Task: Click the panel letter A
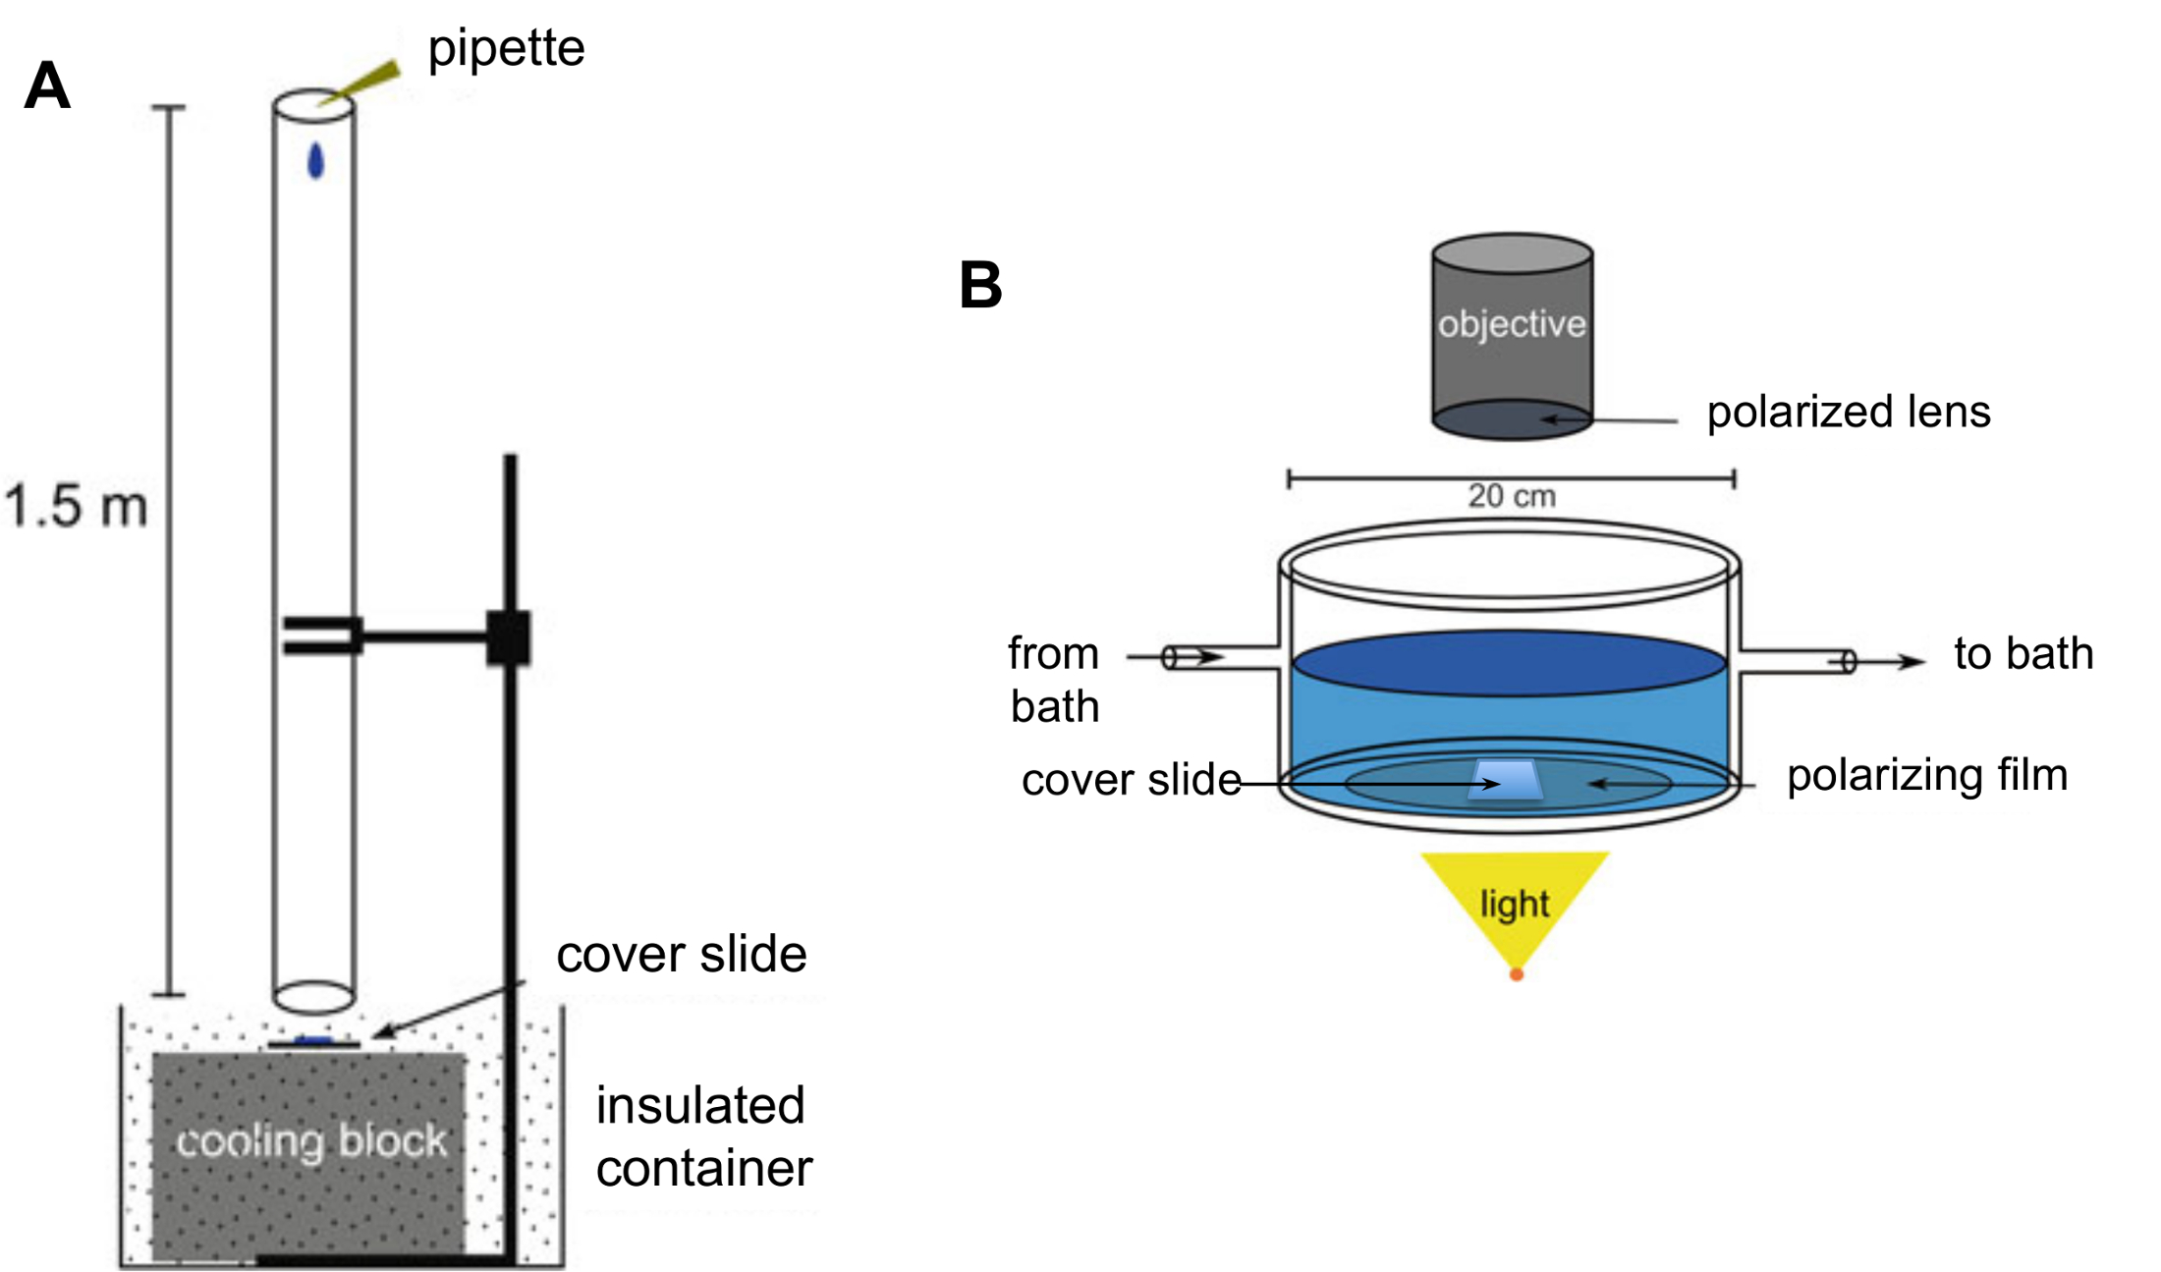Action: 47,86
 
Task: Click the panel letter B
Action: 980,286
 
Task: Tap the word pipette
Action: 506,47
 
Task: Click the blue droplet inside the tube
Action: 315,161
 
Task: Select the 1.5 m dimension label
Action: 76,507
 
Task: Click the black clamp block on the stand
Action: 508,637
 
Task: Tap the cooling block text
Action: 311,1141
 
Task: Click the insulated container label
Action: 703,1136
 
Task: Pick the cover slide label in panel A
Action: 681,954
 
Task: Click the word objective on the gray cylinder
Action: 1512,324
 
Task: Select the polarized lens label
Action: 1848,412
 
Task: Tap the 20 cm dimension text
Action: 1512,496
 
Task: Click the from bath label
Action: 1054,680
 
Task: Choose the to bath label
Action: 2023,653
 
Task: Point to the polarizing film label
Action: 1927,775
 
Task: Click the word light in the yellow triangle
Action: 1514,904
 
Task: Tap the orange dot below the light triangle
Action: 1516,974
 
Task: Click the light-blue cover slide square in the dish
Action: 1504,781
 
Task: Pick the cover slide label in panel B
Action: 1131,780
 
